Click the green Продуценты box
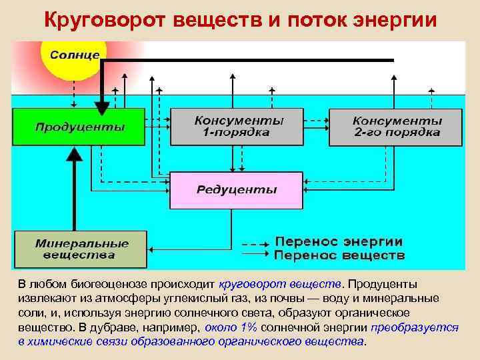[x=79, y=127]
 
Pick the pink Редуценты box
[x=237, y=189]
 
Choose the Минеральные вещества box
[x=80, y=249]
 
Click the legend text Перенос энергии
[x=339, y=241]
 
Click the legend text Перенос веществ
[x=339, y=255]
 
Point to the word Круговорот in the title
[x=103, y=19]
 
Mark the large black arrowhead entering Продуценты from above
[x=102, y=107]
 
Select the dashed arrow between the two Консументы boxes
[x=317, y=122]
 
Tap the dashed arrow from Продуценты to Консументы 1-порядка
[x=157, y=122]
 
